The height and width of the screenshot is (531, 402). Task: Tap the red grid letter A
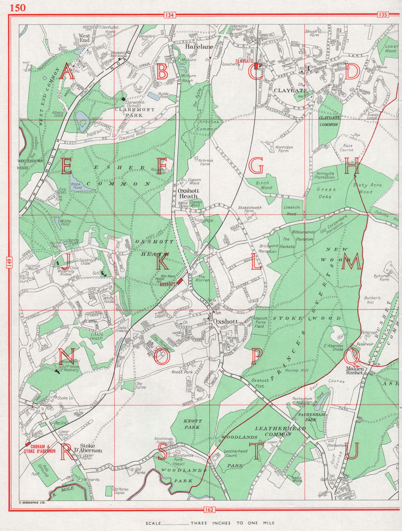[x=67, y=73]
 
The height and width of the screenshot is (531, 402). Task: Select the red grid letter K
[x=162, y=263]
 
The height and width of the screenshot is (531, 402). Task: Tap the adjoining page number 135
[x=382, y=15]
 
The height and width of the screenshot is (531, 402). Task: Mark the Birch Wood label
[x=264, y=185]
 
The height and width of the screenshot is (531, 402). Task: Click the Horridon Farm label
[x=284, y=149]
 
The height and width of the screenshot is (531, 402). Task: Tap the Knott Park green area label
[x=193, y=424]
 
